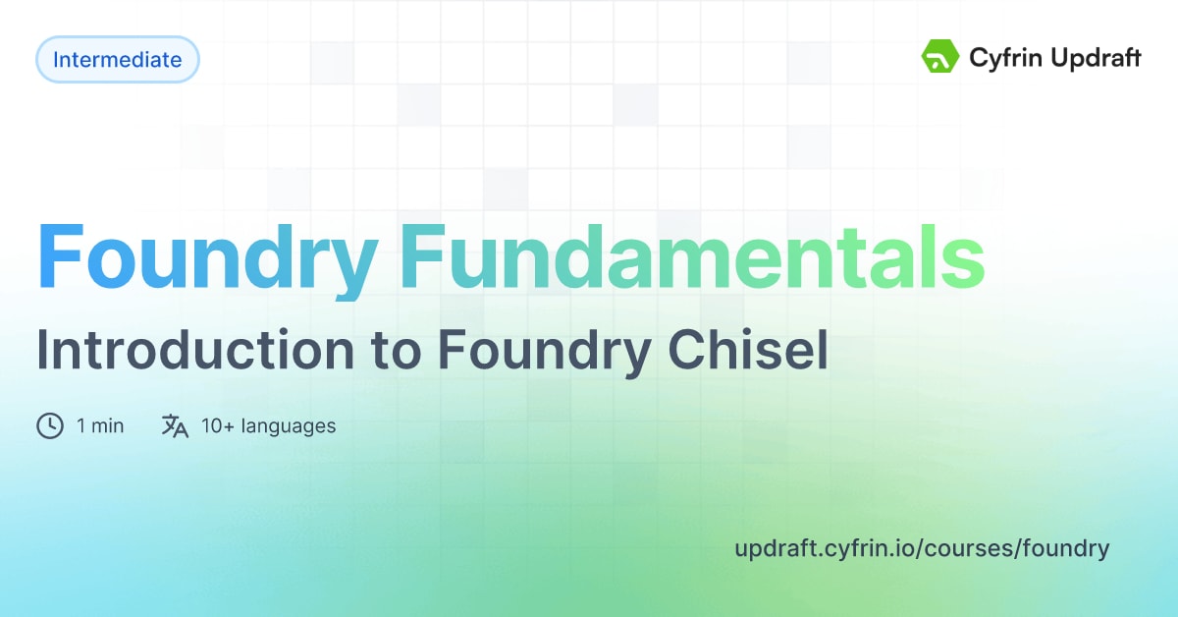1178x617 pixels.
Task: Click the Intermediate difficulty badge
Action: (117, 60)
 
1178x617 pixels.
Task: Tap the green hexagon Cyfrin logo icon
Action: (939, 58)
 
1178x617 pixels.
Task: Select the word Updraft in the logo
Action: (1093, 59)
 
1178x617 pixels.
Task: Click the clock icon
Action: (50, 425)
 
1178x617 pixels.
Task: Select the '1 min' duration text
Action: (100, 425)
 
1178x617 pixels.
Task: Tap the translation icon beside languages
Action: (175, 425)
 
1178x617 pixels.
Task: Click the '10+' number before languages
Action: (217, 425)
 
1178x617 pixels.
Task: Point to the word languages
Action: (289, 426)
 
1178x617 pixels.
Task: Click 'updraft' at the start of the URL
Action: (771, 548)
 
